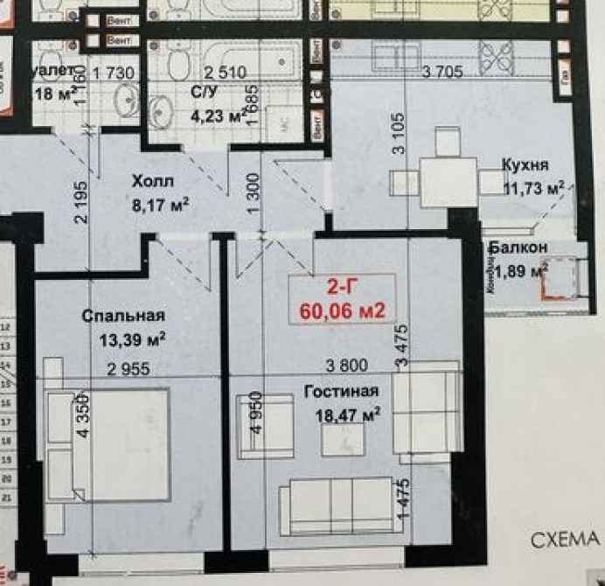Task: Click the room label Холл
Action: (x=153, y=182)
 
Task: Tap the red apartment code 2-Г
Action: (x=342, y=286)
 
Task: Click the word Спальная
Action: (x=123, y=316)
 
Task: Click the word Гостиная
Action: (x=342, y=391)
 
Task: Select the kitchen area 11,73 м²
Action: (x=533, y=185)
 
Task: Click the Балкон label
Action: (x=518, y=248)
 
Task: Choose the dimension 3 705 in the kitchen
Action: (x=442, y=72)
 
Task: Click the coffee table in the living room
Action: (x=343, y=439)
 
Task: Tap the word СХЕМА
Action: (x=567, y=541)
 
